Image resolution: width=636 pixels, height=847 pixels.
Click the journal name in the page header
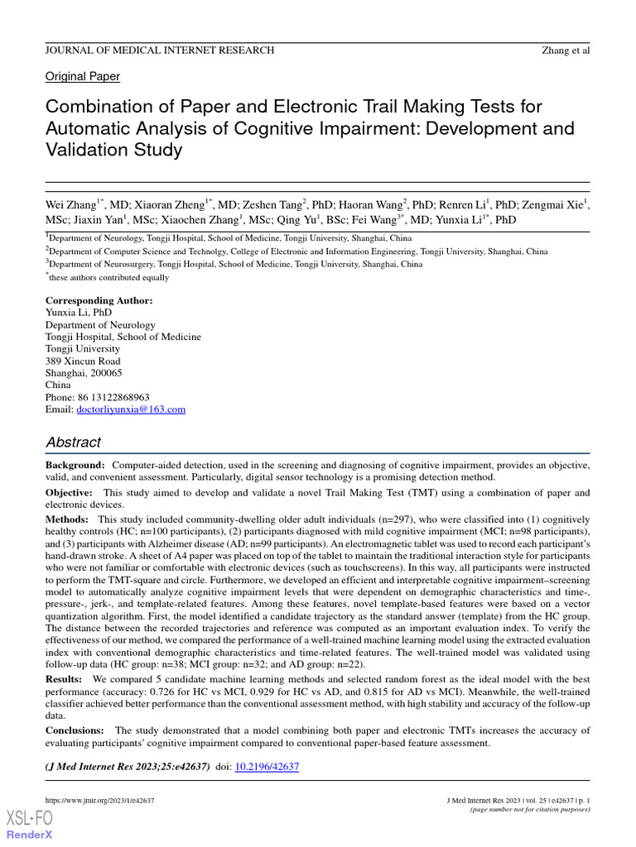coord(159,50)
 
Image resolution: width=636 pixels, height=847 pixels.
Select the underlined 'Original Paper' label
coord(82,76)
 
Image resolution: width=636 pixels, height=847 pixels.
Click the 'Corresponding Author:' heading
coord(99,300)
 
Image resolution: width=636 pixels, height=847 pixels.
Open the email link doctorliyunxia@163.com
coord(130,409)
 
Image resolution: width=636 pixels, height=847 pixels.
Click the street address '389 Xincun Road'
coord(83,361)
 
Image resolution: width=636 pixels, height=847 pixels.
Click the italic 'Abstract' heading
coord(74,443)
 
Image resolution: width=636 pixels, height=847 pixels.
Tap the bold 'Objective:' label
coord(71,493)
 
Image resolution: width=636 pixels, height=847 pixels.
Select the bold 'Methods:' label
coord(68,519)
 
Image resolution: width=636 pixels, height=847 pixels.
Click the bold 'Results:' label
coord(65,678)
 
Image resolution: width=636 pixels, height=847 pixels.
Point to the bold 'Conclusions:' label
coord(75,730)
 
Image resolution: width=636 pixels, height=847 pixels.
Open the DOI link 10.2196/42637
coord(267,767)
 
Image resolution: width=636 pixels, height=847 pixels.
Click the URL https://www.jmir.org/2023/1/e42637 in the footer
coord(99,801)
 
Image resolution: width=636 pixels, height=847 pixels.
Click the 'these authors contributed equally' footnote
coord(108,277)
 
